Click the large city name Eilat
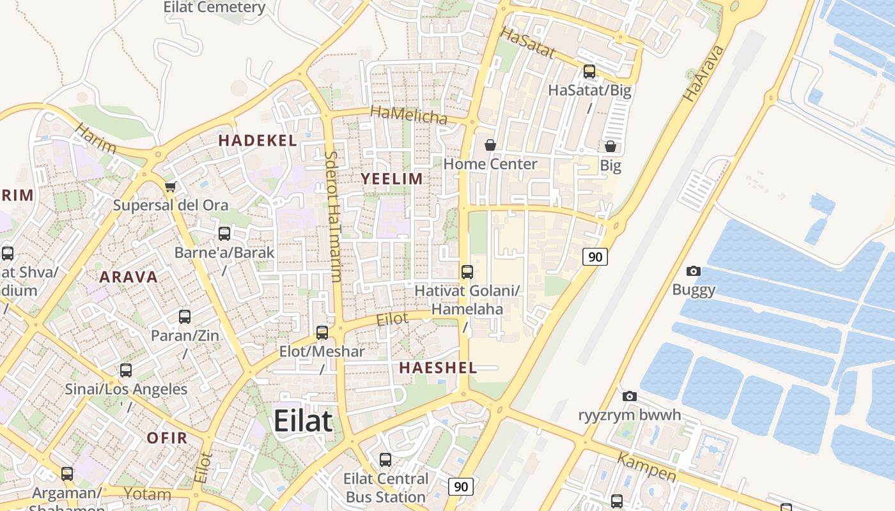(303, 422)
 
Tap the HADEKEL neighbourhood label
(258, 141)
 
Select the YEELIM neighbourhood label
(392, 179)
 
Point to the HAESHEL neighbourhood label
(438, 367)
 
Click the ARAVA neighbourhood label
(128, 277)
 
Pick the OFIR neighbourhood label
(167, 438)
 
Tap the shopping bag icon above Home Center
(490, 146)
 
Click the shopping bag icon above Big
(610, 146)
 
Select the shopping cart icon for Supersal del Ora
(170, 187)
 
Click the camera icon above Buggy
(693, 271)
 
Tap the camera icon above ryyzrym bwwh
(629, 396)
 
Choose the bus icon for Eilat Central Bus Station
(385, 459)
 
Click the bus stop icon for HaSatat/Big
(589, 72)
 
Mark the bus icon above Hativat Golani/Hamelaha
(467, 272)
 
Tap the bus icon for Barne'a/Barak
(224, 234)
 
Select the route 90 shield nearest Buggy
(595, 257)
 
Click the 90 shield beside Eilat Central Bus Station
(460, 487)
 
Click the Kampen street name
(646, 467)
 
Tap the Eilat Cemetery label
(214, 8)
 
